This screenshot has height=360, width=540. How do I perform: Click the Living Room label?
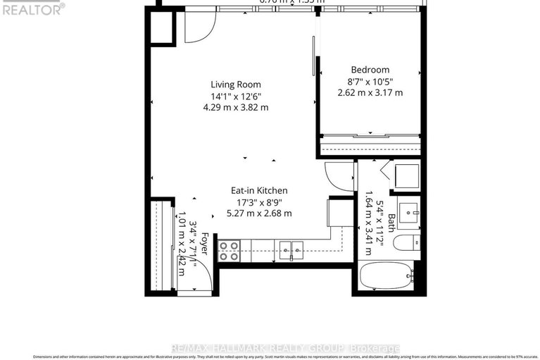[x=235, y=84]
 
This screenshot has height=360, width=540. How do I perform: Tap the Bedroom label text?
[x=370, y=70]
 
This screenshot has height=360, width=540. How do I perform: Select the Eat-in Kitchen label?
[x=260, y=190]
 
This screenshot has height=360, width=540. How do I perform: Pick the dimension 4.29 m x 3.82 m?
[x=235, y=107]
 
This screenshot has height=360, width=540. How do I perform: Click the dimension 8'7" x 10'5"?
[x=370, y=82]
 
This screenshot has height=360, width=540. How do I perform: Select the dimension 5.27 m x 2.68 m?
[x=260, y=213]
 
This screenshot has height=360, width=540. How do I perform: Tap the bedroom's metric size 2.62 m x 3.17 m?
[x=370, y=93]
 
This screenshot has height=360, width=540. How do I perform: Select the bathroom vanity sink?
[x=409, y=211]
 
